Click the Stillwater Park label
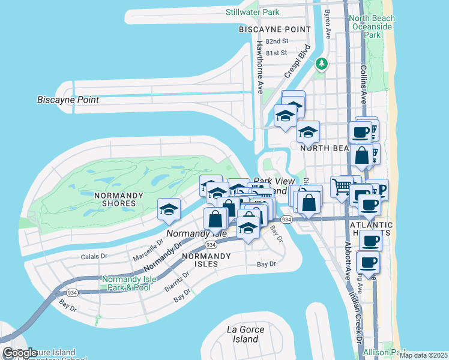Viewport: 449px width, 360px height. click(253, 12)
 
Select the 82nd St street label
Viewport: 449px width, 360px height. click(277, 41)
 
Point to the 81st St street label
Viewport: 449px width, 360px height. click(277, 53)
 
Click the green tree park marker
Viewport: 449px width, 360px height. click(322, 63)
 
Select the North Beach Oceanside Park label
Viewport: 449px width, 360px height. click(373, 26)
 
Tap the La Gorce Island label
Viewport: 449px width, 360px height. click(243, 334)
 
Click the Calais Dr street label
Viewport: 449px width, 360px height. click(94, 257)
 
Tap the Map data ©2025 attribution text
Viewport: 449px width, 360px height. click(423, 355)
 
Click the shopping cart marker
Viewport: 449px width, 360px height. click(341, 187)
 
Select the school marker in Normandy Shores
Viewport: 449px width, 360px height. click(169, 210)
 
